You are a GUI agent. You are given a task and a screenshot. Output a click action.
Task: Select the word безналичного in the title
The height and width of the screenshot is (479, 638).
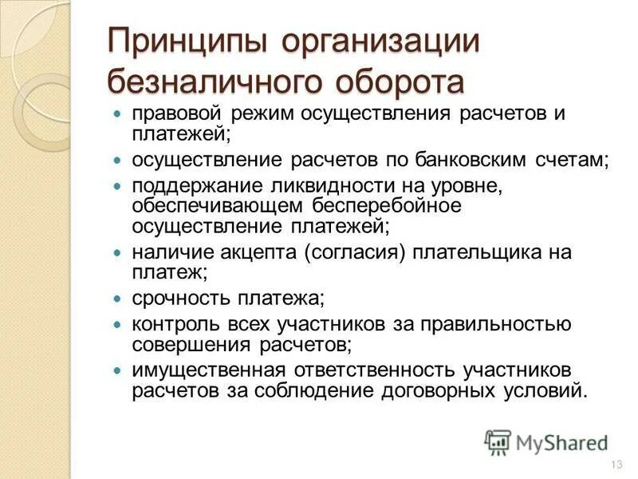pyautogui.click(x=205, y=81)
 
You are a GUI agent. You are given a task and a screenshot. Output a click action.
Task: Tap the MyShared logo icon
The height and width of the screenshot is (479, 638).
pyautogui.click(x=498, y=441)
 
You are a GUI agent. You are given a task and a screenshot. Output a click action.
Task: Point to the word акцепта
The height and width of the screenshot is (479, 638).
pyautogui.click(x=255, y=253)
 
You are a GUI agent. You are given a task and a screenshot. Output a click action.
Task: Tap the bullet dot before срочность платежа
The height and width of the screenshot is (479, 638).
pyautogui.click(x=117, y=299)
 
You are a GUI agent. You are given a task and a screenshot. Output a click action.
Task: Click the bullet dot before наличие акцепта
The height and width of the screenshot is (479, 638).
pyautogui.click(x=117, y=253)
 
